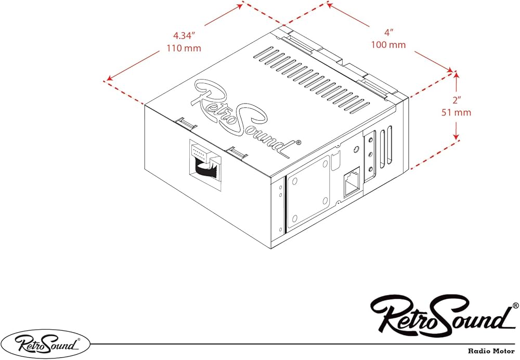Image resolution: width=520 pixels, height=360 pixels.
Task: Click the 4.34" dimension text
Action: [x=184, y=35]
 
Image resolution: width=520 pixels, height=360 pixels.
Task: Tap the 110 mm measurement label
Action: [x=184, y=48]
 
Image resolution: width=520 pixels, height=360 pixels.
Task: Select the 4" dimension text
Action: [x=388, y=32]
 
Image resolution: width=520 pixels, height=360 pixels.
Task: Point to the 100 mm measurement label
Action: [x=388, y=44]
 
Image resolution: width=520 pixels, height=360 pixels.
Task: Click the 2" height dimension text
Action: [x=457, y=100]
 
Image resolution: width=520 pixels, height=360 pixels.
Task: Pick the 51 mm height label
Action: [x=456, y=112]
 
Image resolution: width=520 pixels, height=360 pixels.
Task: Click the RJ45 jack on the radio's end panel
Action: [x=352, y=183]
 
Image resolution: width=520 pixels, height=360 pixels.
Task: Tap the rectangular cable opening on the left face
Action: [x=205, y=165]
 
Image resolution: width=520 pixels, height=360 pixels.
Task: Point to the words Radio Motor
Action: [x=491, y=351]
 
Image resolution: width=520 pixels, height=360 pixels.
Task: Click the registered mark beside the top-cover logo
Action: [x=298, y=143]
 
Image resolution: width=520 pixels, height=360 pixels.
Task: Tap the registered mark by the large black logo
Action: [x=515, y=305]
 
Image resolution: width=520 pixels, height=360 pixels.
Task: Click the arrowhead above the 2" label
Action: [x=457, y=75]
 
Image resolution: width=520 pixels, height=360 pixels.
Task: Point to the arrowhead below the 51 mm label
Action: [x=457, y=136]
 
